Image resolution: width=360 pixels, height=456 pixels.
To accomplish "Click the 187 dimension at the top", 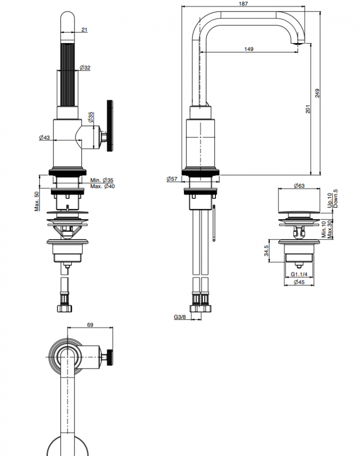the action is coord(243,3).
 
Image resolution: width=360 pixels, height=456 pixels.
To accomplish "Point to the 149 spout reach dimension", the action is coord(248,49).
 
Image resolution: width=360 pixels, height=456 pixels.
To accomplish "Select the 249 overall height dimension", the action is coord(317,93).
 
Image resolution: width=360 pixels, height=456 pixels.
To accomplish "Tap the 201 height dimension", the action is coord(308,109).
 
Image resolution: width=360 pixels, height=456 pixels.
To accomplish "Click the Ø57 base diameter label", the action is coord(172,179).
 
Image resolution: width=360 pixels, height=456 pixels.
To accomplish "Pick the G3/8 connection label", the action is coord(180,317).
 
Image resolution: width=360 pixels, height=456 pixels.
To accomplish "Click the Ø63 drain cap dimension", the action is coord(299,185).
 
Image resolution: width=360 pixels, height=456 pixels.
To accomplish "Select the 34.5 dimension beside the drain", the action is coord(266,251).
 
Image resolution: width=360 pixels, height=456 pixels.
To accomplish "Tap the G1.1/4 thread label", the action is coord(299,274).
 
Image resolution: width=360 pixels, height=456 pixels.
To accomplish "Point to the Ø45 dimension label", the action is coord(299,282).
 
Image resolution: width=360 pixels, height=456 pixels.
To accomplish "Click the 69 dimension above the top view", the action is coord(90,325).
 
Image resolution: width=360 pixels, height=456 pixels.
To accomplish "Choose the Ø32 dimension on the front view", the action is coord(85,67).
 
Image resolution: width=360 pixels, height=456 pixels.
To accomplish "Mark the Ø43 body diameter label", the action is coord(45,137).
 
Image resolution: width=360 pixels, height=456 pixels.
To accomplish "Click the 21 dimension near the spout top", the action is coord(84,30).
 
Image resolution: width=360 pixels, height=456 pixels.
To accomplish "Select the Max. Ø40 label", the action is coord(102,186).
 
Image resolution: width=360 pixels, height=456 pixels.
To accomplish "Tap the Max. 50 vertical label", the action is coord(37,201).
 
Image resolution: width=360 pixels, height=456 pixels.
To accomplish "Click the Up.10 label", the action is coord(329,200).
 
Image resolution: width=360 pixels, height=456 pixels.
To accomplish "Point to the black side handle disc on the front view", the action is coord(110,126).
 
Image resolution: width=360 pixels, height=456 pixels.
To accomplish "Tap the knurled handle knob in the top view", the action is coord(110,357).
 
